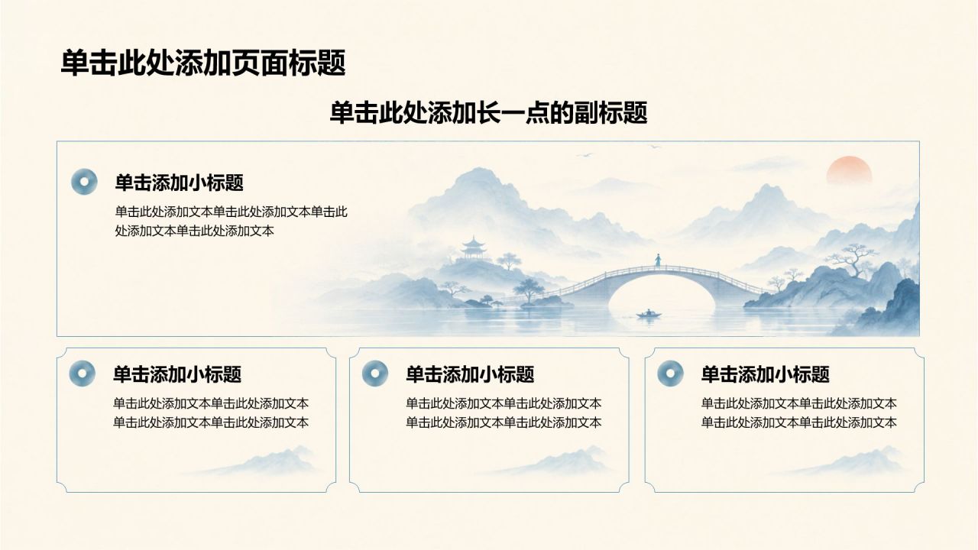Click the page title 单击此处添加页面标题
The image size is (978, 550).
(x=203, y=63)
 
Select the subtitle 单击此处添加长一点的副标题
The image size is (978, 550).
(x=488, y=113)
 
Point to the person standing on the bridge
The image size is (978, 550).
(x=658, y=260)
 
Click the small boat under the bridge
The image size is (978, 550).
(x=649, y=314)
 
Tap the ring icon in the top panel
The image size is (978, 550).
(x=84, y=182)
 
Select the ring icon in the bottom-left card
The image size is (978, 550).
(x=82, y=374)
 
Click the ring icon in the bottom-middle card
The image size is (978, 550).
(x=375, y=374)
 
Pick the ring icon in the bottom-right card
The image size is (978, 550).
(x=671, y=374)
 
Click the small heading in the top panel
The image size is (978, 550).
(x=179, y=183)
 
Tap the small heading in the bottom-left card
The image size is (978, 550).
(x=177, y=374)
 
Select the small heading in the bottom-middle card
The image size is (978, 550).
(x=470, y=374)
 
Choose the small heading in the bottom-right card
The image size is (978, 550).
(x=766, y=374)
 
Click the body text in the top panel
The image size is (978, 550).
(x=232, y=222)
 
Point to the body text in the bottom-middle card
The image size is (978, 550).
(x=504, y=413)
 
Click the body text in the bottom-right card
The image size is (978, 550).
(x=799, y=413)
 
